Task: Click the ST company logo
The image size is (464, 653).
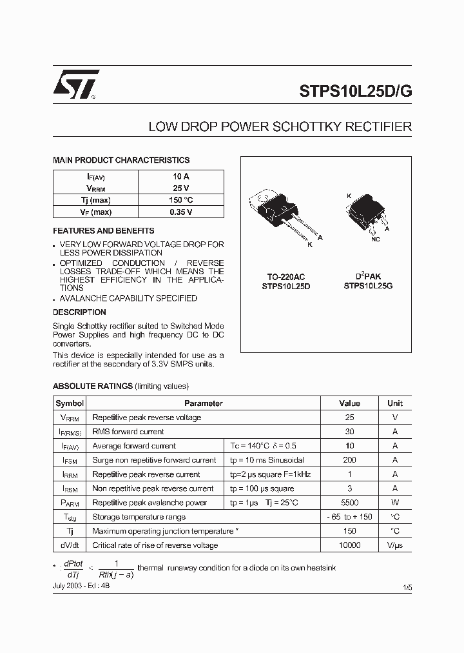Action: click(75, 85)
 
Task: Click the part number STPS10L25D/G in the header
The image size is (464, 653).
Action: click(355, 91)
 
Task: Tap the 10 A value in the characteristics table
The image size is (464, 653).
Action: click(180, 176)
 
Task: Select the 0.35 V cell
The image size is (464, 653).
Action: click(180, 212)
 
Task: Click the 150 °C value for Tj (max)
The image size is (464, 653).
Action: click(180, 200)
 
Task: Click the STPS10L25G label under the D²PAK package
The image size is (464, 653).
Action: click(368, 285)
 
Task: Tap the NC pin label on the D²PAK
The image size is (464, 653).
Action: click(376, 239)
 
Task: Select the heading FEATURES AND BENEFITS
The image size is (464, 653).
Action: click(103, 230)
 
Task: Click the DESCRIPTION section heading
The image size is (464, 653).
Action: click(79, 312)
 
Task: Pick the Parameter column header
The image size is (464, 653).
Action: click(204, 403)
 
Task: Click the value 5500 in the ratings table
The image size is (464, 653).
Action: click(349, 503)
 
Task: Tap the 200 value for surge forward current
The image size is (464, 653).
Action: click(349, 460)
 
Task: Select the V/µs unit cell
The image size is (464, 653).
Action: click(394, 545)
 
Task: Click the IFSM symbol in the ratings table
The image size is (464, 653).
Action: click(70, 461)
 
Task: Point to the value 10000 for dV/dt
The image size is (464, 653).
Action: click(349, 545)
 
